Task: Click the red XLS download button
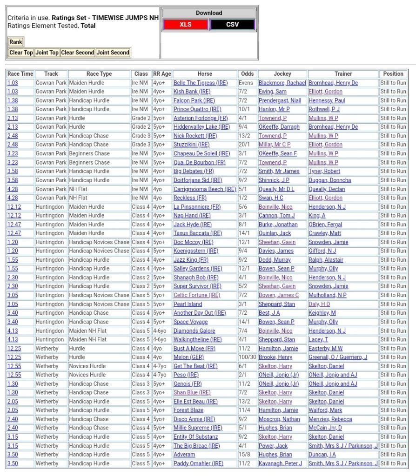coord(185,25)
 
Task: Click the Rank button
coord(16,42)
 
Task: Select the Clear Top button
coord(21,53)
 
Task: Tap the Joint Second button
coord(113,53)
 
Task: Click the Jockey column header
coord(282,74)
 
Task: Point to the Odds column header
coord(248,74)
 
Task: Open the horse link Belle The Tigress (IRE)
coord(201,83)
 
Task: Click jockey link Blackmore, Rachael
coord(282,83)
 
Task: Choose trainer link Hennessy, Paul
coord(327,100)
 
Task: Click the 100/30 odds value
coord(248,357)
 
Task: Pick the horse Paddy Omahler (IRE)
coord(198,463)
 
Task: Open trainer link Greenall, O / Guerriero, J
coord(338,357)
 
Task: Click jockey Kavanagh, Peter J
coord(280,463)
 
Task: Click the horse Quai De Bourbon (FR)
coord(200,162)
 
